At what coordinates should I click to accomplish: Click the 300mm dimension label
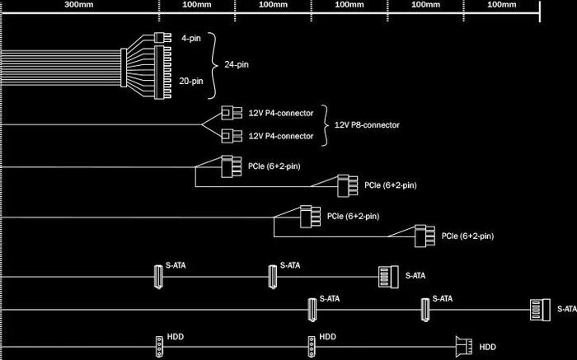pos(79,5)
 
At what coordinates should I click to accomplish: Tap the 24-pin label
pos(237,65)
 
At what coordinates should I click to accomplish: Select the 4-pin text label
pos(191,38)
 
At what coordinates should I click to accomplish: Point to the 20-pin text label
pos(191,81)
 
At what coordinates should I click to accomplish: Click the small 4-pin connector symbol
pos(162,38)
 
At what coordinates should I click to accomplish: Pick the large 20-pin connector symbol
pos(162,72)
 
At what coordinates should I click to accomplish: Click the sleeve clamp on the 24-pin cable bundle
pos(124,68)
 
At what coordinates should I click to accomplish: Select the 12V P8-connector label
pos(367,125)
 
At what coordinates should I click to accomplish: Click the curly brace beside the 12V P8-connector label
pos(325,125)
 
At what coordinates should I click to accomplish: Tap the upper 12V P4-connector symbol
pos(232,113)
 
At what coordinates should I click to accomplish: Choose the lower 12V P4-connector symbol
pos(232,136)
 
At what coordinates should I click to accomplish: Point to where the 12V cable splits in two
pos(202,124)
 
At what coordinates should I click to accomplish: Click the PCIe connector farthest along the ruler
pos(425,236)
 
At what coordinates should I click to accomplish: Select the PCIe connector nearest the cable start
pos(232,166)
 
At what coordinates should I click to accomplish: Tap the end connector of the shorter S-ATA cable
pos(388,277)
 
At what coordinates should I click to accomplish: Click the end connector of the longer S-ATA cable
pos(540,310)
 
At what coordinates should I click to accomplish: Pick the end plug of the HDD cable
pos(464,347)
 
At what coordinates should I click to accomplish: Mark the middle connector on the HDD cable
pos(312,346)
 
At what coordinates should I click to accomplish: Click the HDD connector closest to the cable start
pos(159,346)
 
